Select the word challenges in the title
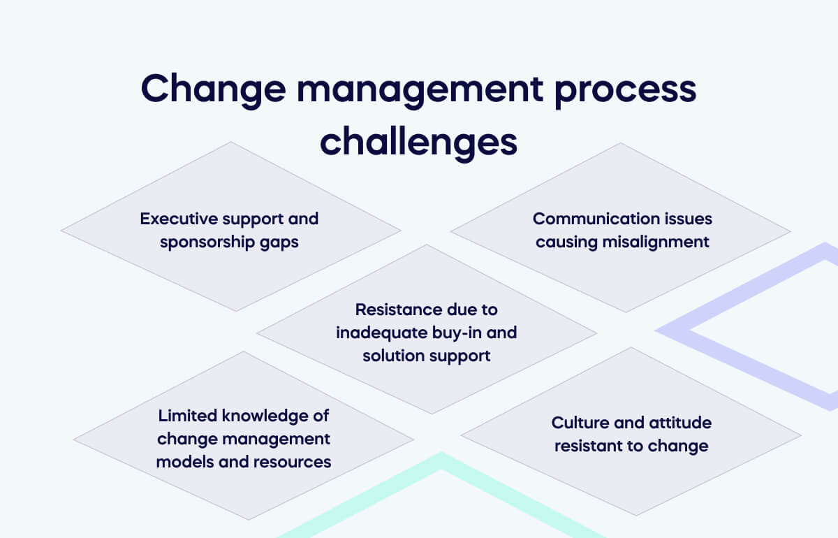click(418, 142)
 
